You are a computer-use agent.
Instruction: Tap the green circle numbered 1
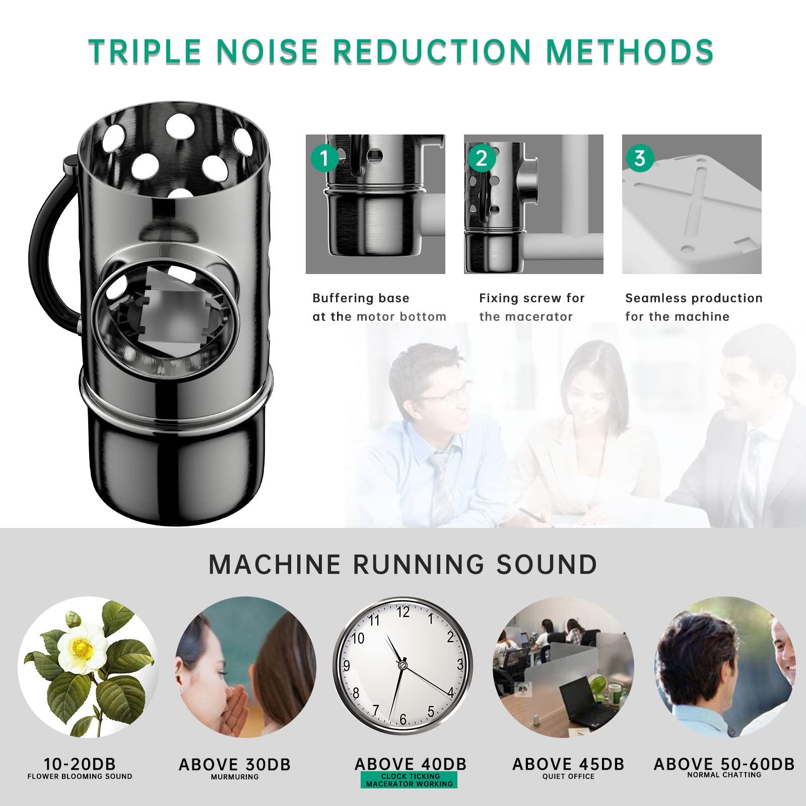(x=324, y=159)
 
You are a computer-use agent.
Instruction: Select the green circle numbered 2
(x=482, y=159)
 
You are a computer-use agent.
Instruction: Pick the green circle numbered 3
(x=640, y=159)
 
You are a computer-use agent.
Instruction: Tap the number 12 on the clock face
(x=403, y=612)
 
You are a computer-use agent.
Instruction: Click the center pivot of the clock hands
(x=402, y=665)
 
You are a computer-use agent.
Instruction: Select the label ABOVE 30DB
(x=235, y=765)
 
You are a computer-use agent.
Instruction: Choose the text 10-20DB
(x=80, y=764)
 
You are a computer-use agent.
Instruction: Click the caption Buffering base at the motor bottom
(x=379, y=307)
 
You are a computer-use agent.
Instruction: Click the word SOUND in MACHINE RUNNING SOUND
(x=547, y=564)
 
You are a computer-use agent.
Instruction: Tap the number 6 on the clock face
(x=402, y=719)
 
